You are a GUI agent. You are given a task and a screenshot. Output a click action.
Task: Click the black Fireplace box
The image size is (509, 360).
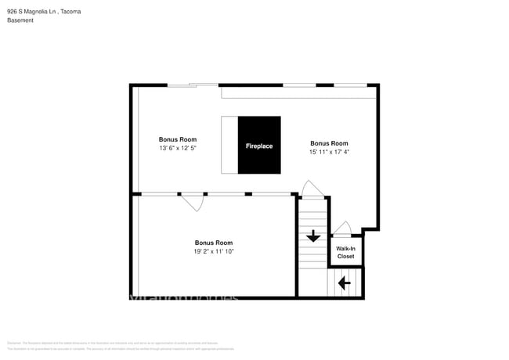[259, 146]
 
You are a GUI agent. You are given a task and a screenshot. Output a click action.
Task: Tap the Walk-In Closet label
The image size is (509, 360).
[345, 253]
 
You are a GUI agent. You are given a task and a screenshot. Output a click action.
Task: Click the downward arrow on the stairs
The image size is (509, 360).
[313, 236]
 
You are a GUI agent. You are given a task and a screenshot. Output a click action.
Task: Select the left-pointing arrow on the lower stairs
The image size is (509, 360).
[344, 283]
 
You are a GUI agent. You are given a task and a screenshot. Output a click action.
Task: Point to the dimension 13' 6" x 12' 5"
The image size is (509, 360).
[177, 148]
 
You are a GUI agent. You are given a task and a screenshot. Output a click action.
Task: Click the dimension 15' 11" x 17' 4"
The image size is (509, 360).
[329, 152]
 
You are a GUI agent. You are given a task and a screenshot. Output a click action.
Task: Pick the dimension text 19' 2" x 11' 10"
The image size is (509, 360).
[214, 251]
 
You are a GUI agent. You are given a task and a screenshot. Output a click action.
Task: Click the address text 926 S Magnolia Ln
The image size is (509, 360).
[31, 12]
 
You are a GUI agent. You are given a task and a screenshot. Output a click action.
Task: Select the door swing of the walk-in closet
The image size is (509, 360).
[342, 229]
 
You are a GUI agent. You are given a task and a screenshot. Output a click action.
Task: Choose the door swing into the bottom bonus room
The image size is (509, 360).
[193, 202]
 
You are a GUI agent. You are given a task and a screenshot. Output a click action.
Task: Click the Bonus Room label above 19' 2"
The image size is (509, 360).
[214, 243]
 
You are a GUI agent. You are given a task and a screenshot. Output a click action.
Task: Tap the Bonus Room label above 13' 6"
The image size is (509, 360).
[177, 139]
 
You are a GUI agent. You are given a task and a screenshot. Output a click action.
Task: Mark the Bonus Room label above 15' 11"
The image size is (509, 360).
[329, 143]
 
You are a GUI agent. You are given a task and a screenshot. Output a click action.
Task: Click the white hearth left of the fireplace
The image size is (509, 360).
[229, 146]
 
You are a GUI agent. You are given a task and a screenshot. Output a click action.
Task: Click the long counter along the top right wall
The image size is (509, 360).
[299, 92]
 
